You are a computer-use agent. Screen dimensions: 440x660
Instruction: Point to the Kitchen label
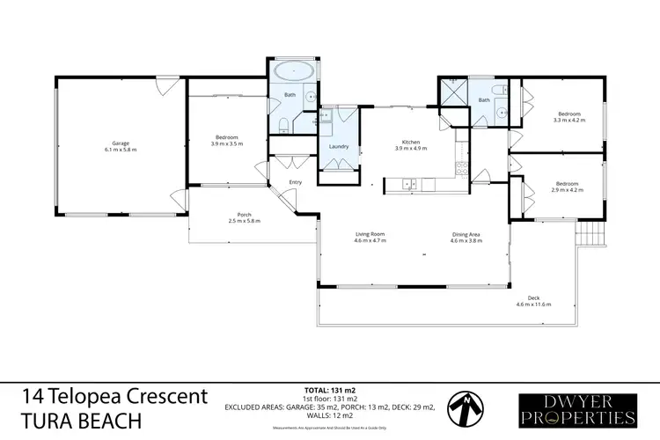[x=410, y=143]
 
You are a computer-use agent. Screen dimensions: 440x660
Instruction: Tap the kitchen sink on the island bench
[x=407, y=183]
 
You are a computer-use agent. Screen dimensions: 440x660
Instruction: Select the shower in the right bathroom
[x=453, y=92]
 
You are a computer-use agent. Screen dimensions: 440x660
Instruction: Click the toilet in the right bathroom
[x=498, y=92]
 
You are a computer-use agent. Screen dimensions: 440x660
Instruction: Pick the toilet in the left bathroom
[x=281, y=127]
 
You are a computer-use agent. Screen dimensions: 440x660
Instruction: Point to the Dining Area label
[x=466, y=233]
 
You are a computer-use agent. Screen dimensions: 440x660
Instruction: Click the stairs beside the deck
[x=588, y=234]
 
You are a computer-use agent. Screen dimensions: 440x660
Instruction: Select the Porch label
[x=246, y=214]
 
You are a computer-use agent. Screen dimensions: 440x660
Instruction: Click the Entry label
[x=296, y=182]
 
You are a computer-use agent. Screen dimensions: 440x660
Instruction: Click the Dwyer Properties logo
[x=576, y=407]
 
